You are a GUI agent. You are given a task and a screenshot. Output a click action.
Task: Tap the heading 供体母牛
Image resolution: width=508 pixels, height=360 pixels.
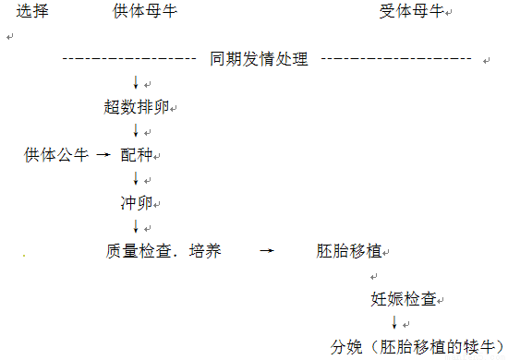coord(135,12)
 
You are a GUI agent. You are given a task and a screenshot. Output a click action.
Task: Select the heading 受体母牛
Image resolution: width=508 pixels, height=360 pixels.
coord(410,12)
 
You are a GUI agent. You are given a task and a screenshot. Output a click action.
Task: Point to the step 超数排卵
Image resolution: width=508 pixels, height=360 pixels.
coord(136,106)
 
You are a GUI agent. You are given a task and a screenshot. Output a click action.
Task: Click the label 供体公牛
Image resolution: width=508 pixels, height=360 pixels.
coord(56,154)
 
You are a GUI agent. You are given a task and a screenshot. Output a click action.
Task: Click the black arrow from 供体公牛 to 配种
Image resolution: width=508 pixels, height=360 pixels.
coord(103,155)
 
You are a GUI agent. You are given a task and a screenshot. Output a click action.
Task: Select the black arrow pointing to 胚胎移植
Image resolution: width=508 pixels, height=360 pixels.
coord(266,250)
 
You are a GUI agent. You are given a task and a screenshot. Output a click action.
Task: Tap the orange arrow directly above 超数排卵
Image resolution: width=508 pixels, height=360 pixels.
coord(136,83)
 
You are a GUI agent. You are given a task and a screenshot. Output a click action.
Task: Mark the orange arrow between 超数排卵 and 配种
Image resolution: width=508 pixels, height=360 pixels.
coord(136,130)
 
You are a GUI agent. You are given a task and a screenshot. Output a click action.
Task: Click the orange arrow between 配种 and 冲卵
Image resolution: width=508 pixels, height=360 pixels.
coord(136,178)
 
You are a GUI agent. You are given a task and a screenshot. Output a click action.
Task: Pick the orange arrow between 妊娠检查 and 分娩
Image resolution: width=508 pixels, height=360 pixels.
coord(394,323)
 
